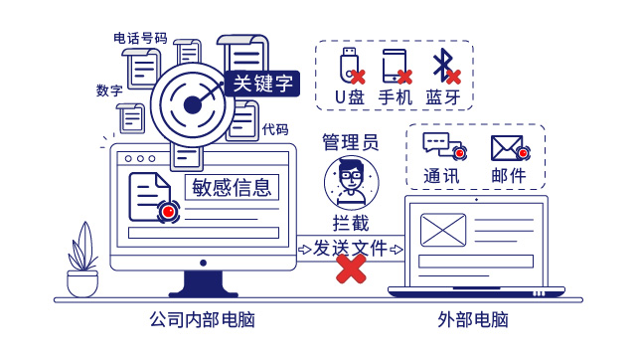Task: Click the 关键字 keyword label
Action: [262, 84]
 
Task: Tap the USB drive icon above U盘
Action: [350, 65]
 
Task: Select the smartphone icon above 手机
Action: [396, 67]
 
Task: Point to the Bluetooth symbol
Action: [444, 66]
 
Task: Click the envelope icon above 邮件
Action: [509, 148]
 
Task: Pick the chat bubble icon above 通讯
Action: [443, 145]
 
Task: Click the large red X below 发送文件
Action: [351, 269]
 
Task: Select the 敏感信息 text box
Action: [232, 187]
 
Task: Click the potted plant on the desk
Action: [82, 260]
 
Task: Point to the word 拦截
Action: [351, 223]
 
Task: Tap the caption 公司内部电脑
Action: [202, 320]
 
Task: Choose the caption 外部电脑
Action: [473, 320]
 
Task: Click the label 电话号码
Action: [140, 39]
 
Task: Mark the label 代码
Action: [275, 130]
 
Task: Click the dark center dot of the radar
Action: [193, 105]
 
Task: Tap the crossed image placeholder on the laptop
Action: [443, 230]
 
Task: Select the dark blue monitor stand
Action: [203, 283]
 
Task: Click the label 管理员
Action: [351, 142]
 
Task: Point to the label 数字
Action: [109, 90]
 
